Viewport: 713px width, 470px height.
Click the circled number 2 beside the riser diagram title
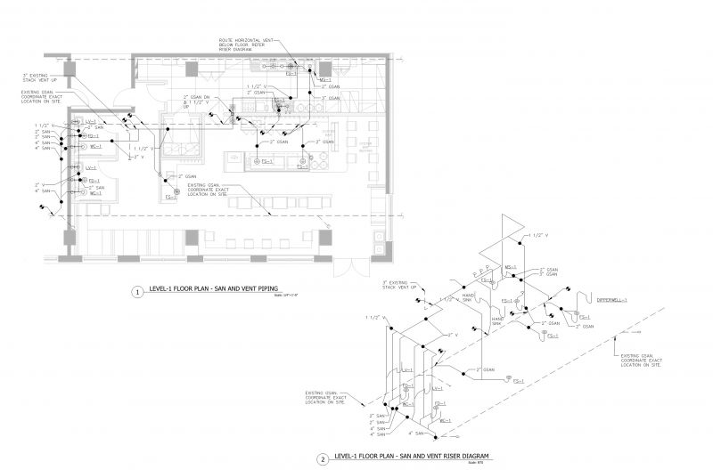[322, 459]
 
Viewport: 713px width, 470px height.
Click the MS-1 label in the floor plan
[324, 78]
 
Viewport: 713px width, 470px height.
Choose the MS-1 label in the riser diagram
[511, 266]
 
